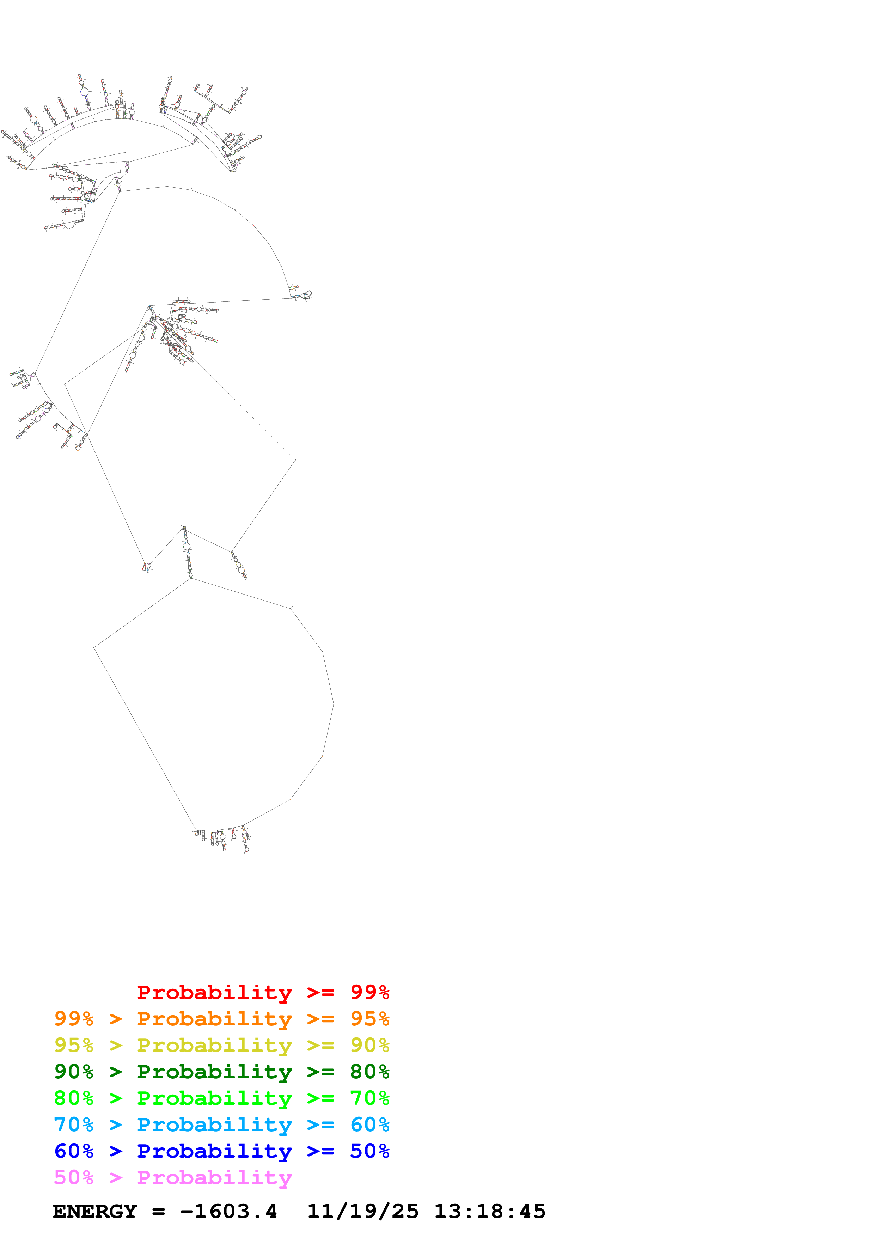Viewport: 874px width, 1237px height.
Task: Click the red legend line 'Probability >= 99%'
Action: [x=263, y=992]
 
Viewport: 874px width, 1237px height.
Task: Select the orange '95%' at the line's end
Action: [x=369, y=1019]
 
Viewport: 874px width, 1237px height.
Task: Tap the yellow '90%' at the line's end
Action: [x=369, y=1045]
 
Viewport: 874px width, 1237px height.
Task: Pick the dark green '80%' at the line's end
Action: [x=369, y=1072]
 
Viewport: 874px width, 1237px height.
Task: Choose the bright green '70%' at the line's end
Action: [x=369, y=1098]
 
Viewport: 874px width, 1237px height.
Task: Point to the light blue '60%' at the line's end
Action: [x=369, y=1125]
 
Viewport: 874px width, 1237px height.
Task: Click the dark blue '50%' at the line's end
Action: [x=369, y=1151]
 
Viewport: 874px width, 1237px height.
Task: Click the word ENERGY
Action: [x=95, y=1212]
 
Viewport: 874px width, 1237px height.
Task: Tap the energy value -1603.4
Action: [x=228, y=1212]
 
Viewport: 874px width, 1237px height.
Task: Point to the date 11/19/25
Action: [x=362, y=1212]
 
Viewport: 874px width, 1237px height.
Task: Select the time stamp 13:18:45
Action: [x=489, y=1212]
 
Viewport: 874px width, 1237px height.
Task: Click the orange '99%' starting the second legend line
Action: [x=74, y=1019]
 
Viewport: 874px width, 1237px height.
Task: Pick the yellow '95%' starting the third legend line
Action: [x=74, y=1045]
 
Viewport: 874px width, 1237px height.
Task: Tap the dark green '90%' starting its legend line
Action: [x=74, y=1072]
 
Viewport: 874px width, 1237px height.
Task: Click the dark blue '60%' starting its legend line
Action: [x=74, y=1151]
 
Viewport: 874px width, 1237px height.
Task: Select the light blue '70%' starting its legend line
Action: [x=74, y=1125]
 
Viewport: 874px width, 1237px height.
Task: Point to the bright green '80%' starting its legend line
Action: [x=74, y=1098]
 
